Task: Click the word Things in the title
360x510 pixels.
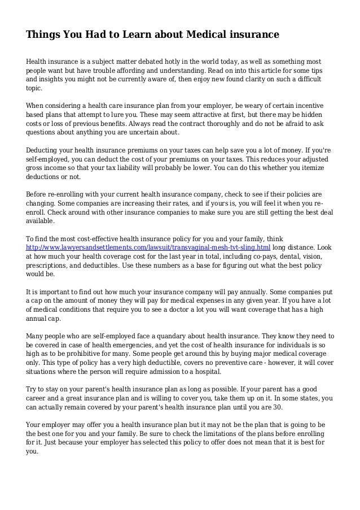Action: (43, 35)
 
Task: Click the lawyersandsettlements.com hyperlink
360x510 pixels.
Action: (148, 247)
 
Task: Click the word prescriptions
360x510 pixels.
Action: (49, 265)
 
